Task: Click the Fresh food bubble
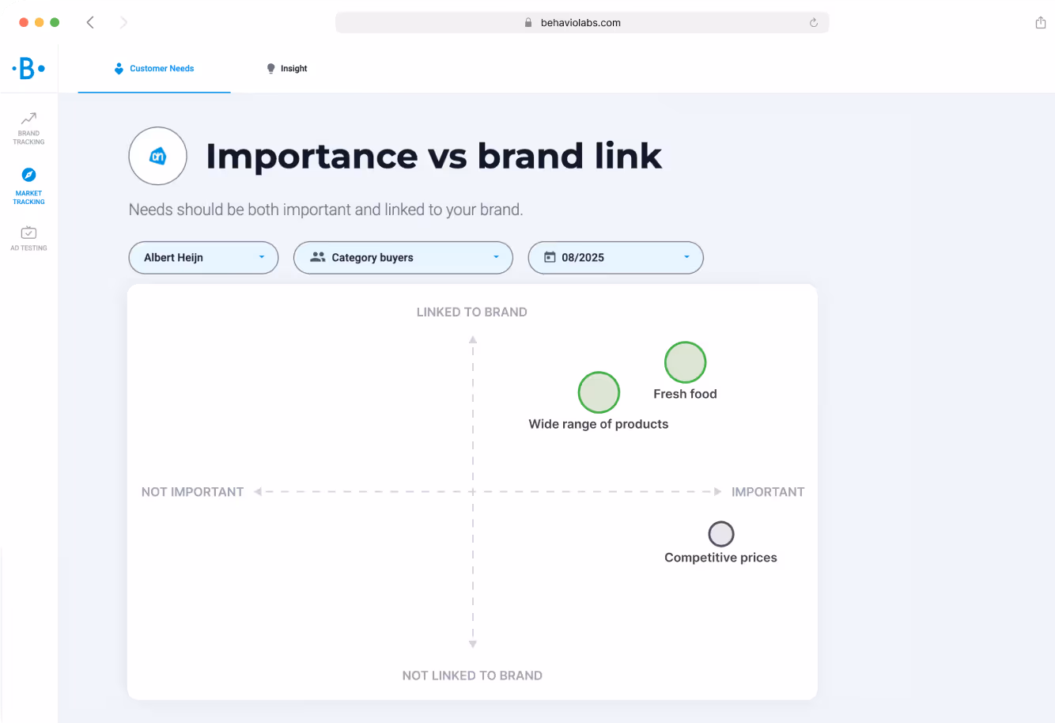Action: click(x=685, y=362)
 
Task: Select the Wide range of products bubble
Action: click(x=599, y=392)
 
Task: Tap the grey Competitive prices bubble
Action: click(x=720, y=534)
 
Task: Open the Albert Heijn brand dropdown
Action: click(x=203, y=258)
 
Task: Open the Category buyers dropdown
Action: click(x=403, y=258)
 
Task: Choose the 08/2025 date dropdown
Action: click(x=615, y=258)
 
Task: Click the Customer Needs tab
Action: click(x=154, y=69)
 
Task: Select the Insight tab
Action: click(x=287, y=69)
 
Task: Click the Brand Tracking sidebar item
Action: click(x=28, y=127)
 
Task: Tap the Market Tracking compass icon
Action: click(x=28, y=175)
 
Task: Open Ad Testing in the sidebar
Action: click(x=28, y=237)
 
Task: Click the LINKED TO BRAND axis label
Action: click(x=471, y=312)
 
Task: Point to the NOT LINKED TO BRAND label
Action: click(x=472, y=676)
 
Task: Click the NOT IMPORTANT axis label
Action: click(x=192, y=492)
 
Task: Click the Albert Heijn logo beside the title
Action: click(x=157, y=156)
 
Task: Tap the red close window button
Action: click(x=24, y=22)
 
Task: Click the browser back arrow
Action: click(x=90, y=22)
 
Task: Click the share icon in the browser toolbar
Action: click(x=1040, y=22)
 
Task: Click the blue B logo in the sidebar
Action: click(x=28, y=69)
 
